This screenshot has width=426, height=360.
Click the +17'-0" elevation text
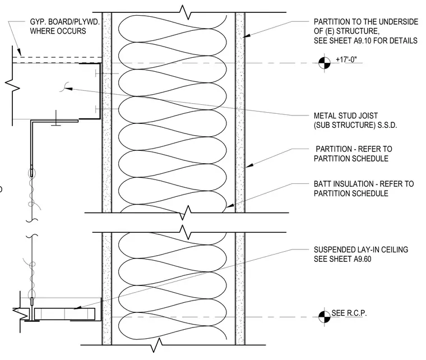(346, 59)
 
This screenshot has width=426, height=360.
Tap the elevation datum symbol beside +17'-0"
(325, 63)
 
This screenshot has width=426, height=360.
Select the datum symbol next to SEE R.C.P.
(325, 317)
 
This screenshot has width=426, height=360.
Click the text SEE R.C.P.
(349, 313)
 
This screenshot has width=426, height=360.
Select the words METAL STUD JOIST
(346, 116)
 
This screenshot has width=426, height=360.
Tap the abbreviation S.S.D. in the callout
(387, 125)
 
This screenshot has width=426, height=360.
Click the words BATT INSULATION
(343, 184)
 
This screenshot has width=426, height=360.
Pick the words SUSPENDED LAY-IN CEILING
(361, 250)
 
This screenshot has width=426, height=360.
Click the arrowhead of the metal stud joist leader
(68, 89)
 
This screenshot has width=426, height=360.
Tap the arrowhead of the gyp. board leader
(19, 53)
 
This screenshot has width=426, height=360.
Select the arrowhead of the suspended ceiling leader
(77, 308)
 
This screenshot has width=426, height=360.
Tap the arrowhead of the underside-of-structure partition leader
(247, 35)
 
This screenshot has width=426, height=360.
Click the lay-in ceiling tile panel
(64, 314)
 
